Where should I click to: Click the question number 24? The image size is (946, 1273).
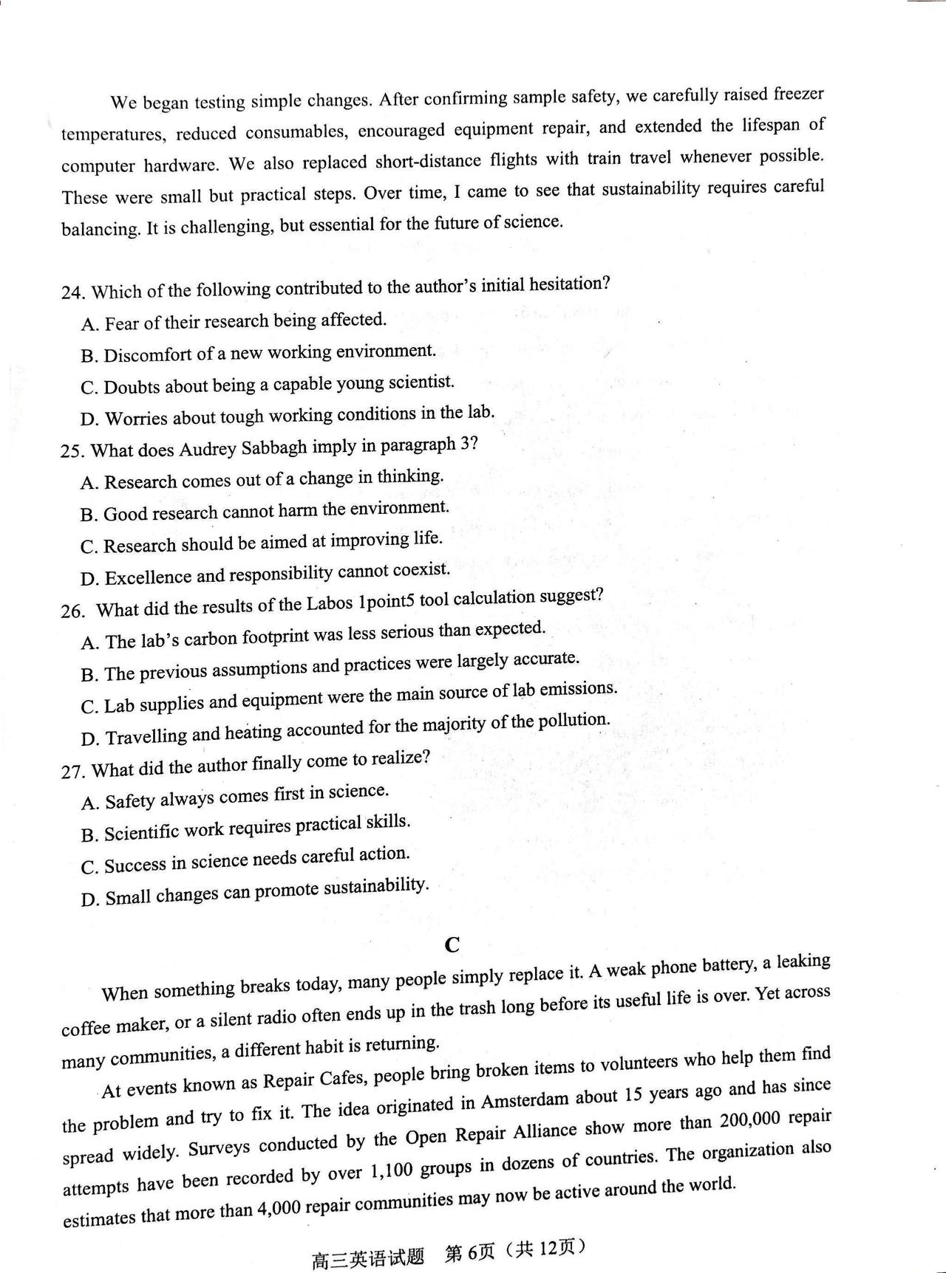[72, 292]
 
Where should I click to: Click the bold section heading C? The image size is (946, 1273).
[452, 945]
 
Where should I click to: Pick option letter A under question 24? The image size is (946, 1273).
[89, 325]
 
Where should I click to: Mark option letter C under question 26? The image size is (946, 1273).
[89, 707]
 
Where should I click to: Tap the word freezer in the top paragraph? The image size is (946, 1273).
[797, 95]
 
